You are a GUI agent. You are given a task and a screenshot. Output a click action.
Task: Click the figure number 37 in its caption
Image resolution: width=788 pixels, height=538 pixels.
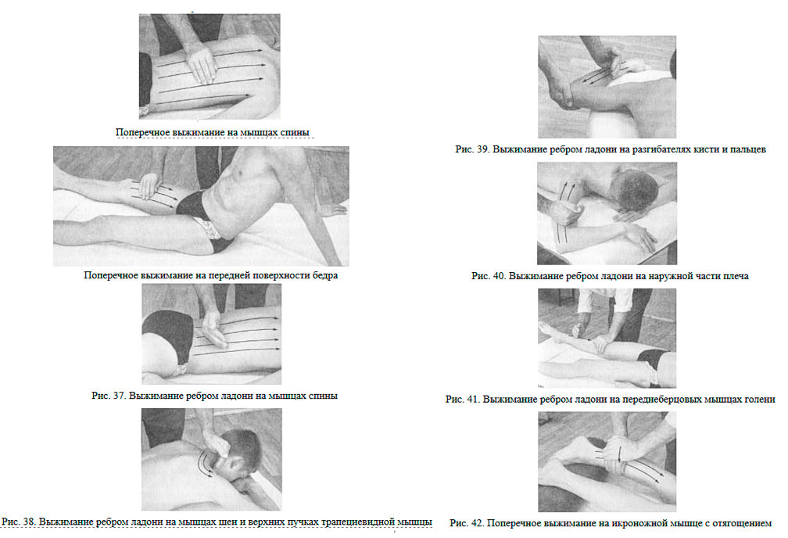pos(119,396)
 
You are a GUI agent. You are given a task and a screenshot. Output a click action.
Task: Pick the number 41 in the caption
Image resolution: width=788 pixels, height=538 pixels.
pos(472,400)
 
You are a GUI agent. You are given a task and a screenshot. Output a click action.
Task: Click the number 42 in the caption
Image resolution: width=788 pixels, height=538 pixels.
pos(477,523)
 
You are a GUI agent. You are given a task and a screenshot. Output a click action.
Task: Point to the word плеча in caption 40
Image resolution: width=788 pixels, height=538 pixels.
pos(735,277)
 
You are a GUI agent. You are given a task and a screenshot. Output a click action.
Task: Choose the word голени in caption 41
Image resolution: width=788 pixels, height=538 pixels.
pos(758,400)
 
